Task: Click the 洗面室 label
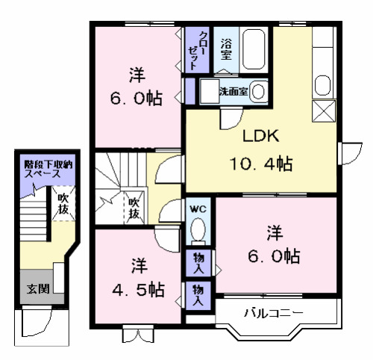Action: click(233, 92)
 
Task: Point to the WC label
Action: click(198, 208)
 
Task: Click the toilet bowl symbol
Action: click(198, 230)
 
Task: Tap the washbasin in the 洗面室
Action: click(257, 92)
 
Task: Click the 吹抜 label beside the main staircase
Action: click(134, 208)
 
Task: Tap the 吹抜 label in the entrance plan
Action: click(62, 205)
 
